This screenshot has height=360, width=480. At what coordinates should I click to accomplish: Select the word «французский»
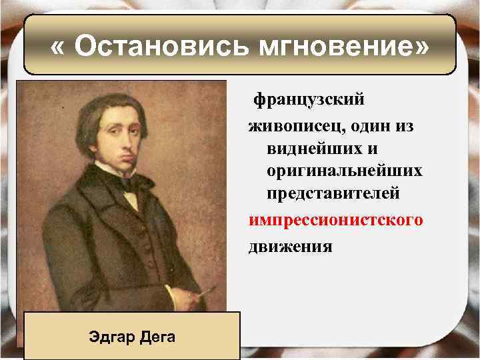pyautogui.click(x=308, y=99)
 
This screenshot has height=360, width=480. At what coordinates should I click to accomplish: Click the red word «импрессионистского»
pyautogui.click(x=335, y=221)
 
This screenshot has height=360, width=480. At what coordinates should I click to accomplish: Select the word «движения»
pyautogui.click(x=290, y=246)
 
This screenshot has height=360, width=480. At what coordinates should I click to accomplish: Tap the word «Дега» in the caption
pyautogui.click(x=158, y=336)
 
